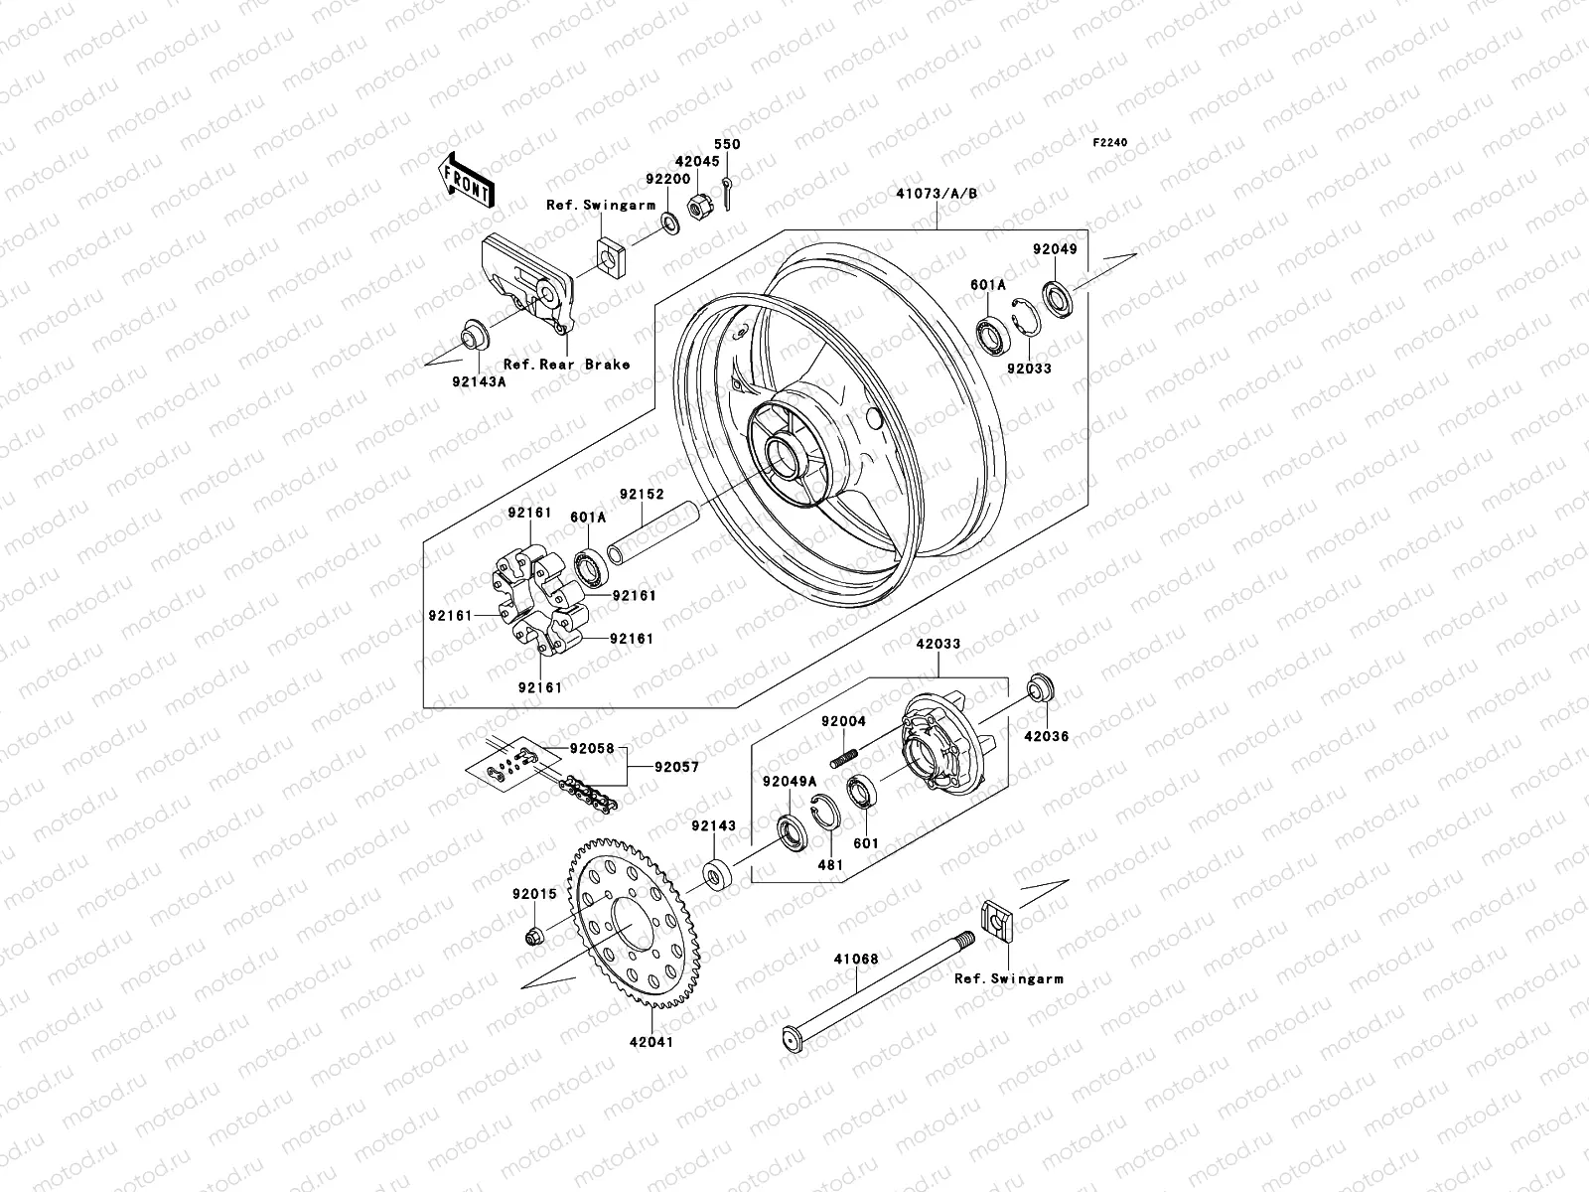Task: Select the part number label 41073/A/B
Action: coord(937,194)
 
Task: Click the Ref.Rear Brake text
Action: coord(566,365)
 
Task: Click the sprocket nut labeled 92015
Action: coord(533,936)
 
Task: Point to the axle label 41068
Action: coord(855,960)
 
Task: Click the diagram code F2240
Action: coord(1110,143)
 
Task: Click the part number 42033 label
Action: coord(938,644)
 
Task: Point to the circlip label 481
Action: coord(829,864)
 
